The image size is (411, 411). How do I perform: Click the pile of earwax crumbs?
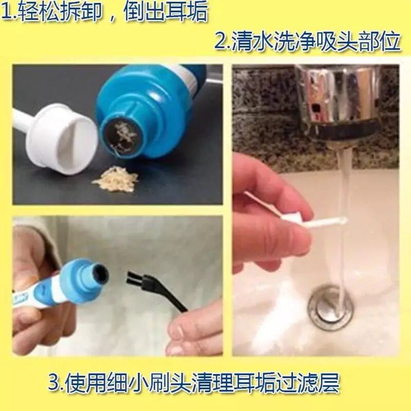pos(116,179)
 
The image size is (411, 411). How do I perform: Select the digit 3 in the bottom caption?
pos(54,383)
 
